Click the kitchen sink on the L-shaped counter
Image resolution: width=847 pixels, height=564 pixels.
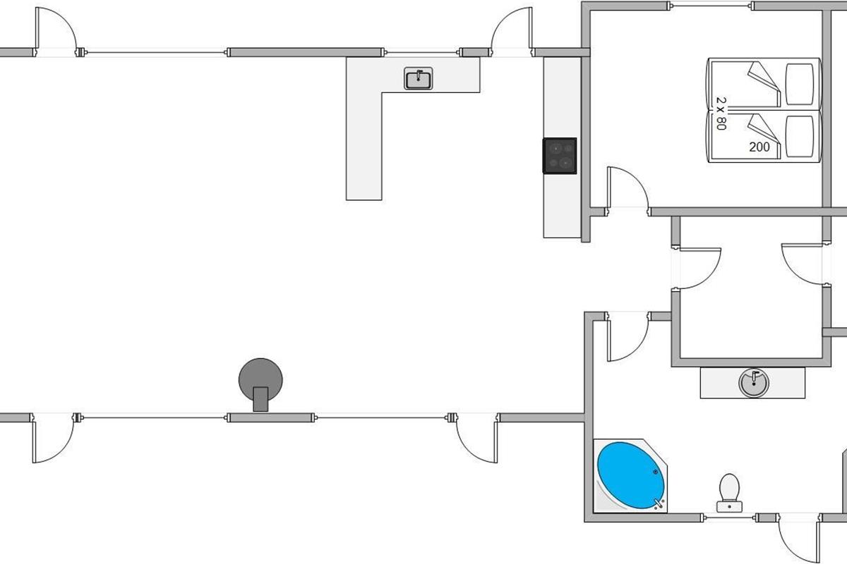click(x=418, y=78)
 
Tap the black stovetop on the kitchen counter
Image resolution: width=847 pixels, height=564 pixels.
click(x=560, y=156)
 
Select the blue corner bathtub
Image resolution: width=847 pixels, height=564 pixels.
click(x=630, y=475)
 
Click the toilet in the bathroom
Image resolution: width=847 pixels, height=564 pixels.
click(x=729, y=493)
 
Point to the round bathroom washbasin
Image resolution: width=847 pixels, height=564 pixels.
click(x=754, y=383)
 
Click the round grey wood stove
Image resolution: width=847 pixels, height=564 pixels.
click(x=260, y=382)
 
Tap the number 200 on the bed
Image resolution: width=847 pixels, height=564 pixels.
click(x=759, y=147)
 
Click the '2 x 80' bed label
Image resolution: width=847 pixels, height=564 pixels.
click(x=721, y=114)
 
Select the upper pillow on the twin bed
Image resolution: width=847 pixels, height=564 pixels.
click(x=799, y=84)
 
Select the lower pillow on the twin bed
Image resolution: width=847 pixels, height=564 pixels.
click(x=799, y=136)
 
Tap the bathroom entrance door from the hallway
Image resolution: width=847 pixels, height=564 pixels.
click(x=627, y=336)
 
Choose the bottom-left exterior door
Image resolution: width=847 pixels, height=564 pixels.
click(x=53, y=439)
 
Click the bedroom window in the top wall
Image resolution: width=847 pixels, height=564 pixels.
click(x=711, y=6)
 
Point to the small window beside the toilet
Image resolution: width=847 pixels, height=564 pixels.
click(x=730, y=517)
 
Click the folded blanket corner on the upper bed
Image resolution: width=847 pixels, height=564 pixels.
click(x=764, y=82)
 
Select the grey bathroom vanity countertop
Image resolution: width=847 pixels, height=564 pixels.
click(x=752, y=383)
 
